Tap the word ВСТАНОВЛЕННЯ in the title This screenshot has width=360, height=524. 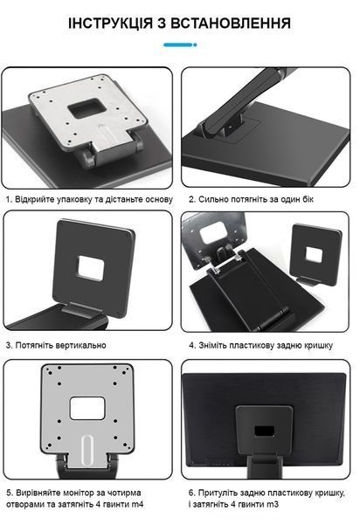(231, 24)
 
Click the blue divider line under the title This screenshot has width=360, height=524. (180, 45)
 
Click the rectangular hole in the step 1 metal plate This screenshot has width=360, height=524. (87, 107)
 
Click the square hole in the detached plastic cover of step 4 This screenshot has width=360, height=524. (314, 256)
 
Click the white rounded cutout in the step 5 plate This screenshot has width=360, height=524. (87, 408)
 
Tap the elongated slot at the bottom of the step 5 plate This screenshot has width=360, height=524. (87, 450)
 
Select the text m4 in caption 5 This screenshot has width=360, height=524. (138, 504)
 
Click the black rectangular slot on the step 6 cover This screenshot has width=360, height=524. (265, 431)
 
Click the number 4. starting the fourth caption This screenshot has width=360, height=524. (192, 346)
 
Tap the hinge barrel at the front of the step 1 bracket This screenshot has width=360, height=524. (87, 158)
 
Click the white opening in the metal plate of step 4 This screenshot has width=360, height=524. (212, 232)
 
